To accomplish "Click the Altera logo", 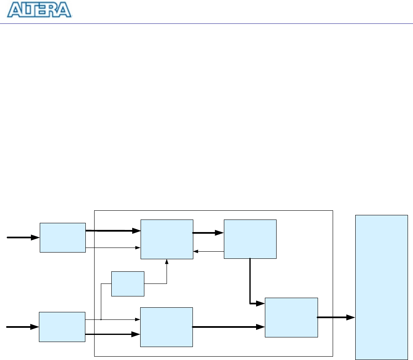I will pyautogui.click(x=40, y=10).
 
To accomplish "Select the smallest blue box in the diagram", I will pyautogui.click(x=128, y=283).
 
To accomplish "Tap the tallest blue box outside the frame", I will pyautogui.click(x=381, y=287).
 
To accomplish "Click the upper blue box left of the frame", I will pyautogui.click(x=62, y=237).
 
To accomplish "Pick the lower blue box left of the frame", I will pyautogui.click(x=62, y=327).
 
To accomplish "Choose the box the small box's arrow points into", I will pyautogui.click(x=167, y=239).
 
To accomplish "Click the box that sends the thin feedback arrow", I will pyautogui.click(x=250, y=239).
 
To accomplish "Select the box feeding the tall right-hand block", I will pyautogui.click(x=291, y=317).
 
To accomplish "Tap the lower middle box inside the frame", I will pyautogui.click(x=167, y=327).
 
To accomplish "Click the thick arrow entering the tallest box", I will pyautogui.click(x=336, y=317).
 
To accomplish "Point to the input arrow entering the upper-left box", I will pyautogui.click(x=23, y=237).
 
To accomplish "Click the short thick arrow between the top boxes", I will pyautogui.click(x=208, y=233).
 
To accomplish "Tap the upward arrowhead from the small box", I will pyautogui.click(x=167, y=262).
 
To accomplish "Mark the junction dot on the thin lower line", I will pyautogui.click(x=101, y=320).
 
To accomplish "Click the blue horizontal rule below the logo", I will pyautogui.click(x=206, y=24).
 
